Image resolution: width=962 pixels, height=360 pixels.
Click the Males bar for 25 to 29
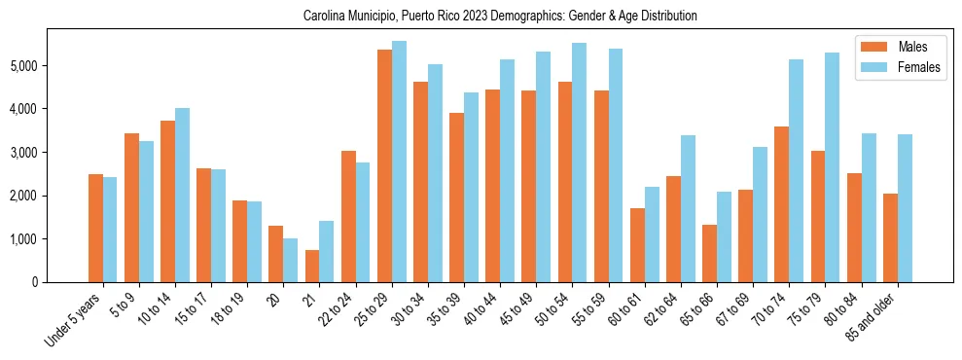[x=384, y=165]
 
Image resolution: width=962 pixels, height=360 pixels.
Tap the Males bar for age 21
[x=312, y=266]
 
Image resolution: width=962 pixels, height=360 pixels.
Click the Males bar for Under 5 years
[x=95, y=228]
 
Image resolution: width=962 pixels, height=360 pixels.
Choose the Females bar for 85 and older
[x=904, y=208]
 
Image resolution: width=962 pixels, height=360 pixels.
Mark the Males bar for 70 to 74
[x=781, y=204]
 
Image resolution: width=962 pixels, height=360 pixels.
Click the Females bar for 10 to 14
[x=182, y=195]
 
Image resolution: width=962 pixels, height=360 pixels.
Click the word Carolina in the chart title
[x=325, y=17]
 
